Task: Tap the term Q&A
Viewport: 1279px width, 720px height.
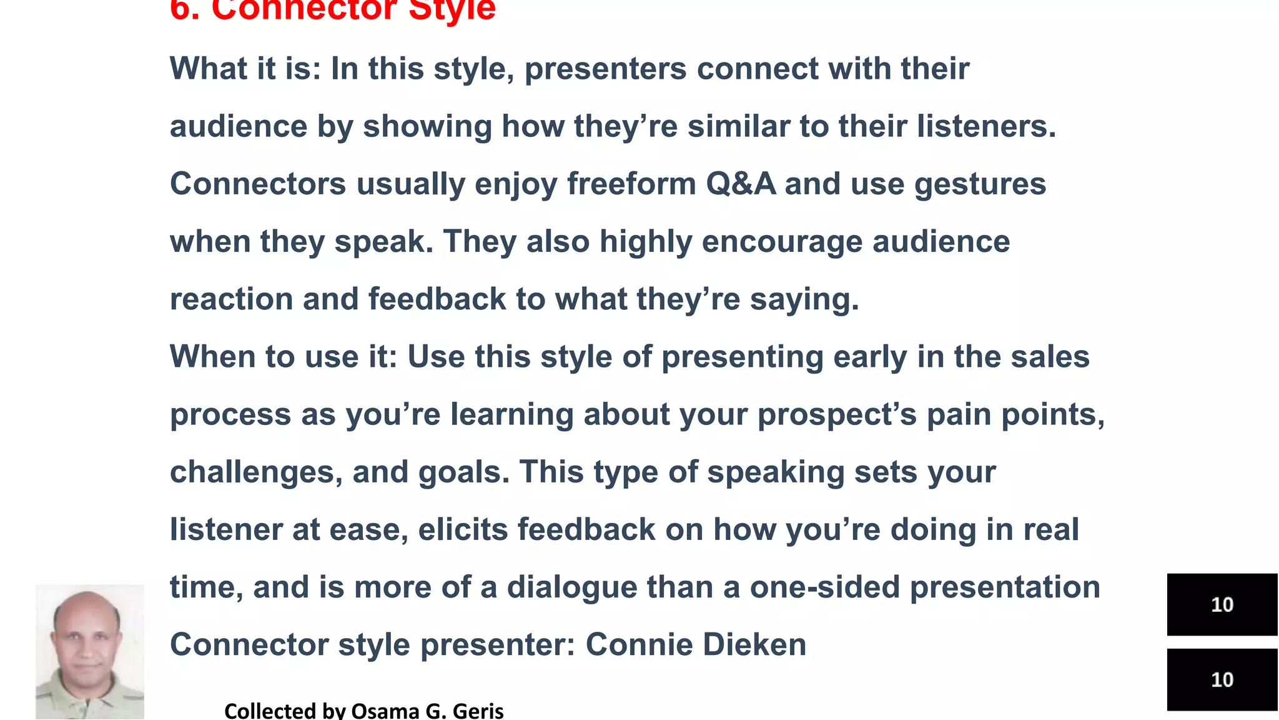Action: click(x=741, y=184)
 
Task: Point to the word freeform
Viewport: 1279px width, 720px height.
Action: click(x=631, y=184)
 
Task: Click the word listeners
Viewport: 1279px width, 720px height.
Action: click(x=986, y=127)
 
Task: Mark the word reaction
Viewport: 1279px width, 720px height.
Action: click(x=231, y=299)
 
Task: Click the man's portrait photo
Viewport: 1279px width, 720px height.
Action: click(x=89, y=651)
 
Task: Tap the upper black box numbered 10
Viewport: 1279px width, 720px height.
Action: click(x=1222, y=604)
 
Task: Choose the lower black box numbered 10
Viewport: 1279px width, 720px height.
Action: click(x=1222, y=679)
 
